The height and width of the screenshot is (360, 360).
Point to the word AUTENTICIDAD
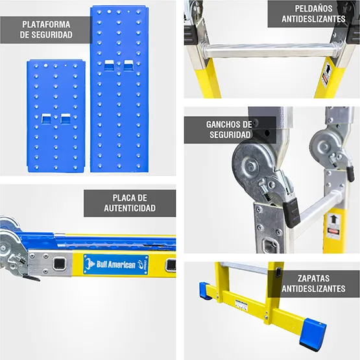tap(130, 208)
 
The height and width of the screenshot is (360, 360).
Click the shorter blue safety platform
tap(56, 116)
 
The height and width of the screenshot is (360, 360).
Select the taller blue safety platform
tap(119, 89)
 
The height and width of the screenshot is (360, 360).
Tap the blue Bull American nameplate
tap(115, 265)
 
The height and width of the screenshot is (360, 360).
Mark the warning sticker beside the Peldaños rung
tap(326, 74)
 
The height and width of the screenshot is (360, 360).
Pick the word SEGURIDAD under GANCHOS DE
tap(229, 135)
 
